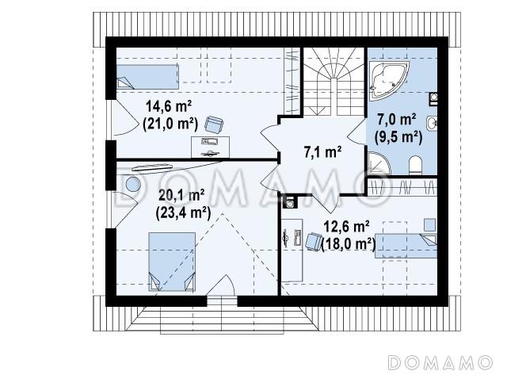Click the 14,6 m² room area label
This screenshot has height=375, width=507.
coord(169,106)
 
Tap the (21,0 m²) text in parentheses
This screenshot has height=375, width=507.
coord(170,123)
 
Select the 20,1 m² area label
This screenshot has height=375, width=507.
coord(181,195)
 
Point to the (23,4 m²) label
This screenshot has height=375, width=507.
coord(183,212)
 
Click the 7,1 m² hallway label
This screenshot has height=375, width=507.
coord(322,151)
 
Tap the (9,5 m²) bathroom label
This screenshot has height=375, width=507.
coord(398,137)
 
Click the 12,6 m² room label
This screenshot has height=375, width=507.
coord(347,227)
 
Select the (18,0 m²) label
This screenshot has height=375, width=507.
coord(349,243)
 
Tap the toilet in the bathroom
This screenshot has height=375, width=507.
coord(415,166)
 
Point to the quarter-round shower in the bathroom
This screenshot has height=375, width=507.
coord(378,164)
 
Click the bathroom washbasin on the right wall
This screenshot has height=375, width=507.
coord(432,123)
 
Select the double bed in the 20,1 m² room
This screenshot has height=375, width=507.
coord(172,262)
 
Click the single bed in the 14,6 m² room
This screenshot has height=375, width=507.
coord(147,77)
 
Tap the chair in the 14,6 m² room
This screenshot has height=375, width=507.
coord(214,124)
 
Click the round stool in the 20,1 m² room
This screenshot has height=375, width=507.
coord(133,185)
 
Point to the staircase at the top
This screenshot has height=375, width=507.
coord(334,82)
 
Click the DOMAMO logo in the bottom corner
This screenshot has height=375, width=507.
coord(440,362)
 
